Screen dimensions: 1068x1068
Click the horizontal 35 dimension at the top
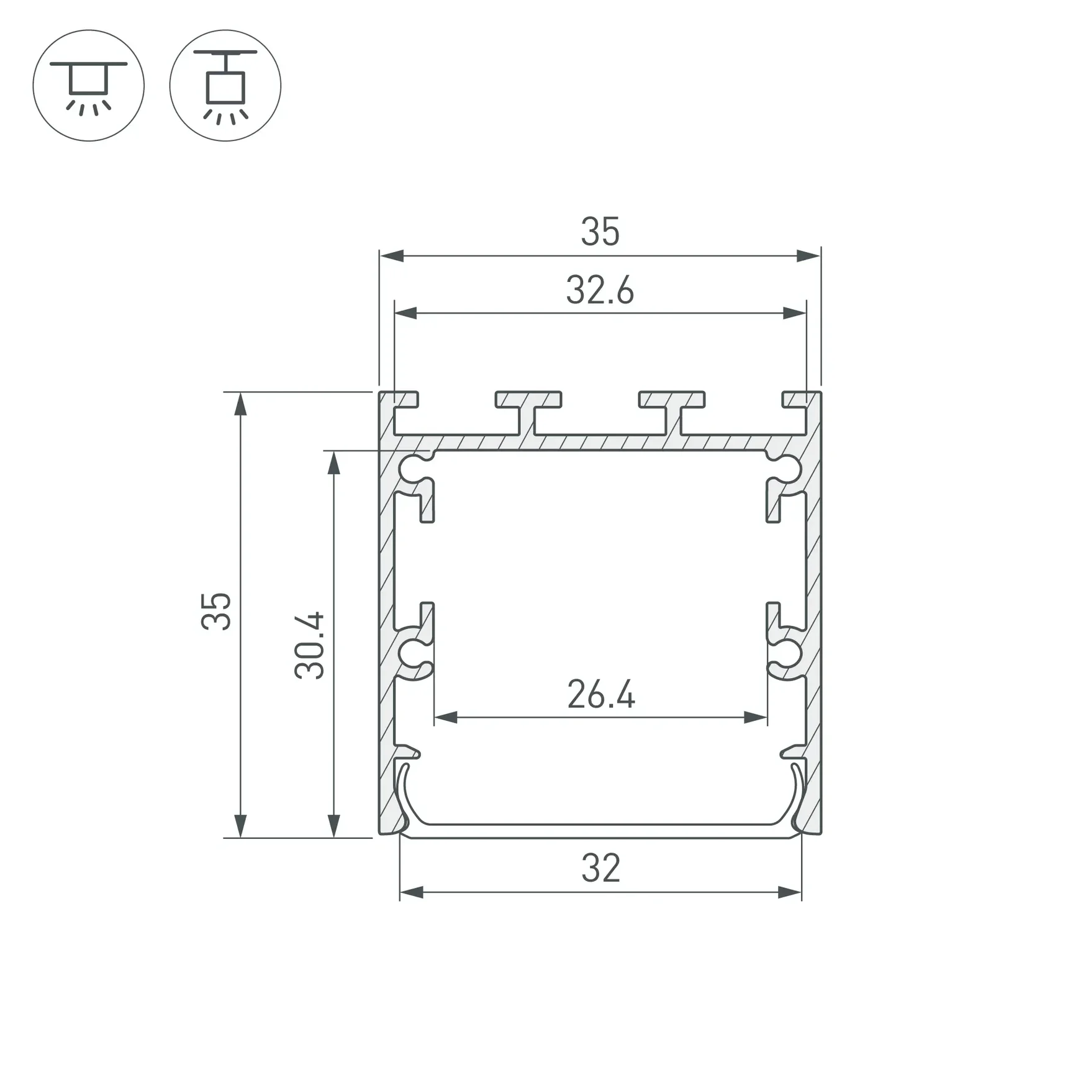coord(600,232)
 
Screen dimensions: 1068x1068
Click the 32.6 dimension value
coord(600,291)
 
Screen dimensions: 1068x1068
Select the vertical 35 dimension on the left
coord(216,612)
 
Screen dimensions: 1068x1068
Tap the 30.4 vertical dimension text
coord(309,645)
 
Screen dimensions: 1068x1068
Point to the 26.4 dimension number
coord(601,695)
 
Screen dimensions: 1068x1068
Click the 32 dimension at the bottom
coord(600,869)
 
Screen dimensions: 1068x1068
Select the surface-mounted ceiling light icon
coord(89,86)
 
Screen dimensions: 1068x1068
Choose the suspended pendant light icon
coord(225,86)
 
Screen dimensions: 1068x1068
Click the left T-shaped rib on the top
coord(528,410)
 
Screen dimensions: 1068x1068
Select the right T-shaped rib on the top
coord(672,410)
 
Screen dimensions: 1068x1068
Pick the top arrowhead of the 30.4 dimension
coord(334,463)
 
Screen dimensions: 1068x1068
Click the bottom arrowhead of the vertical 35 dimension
coord(240,826)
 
